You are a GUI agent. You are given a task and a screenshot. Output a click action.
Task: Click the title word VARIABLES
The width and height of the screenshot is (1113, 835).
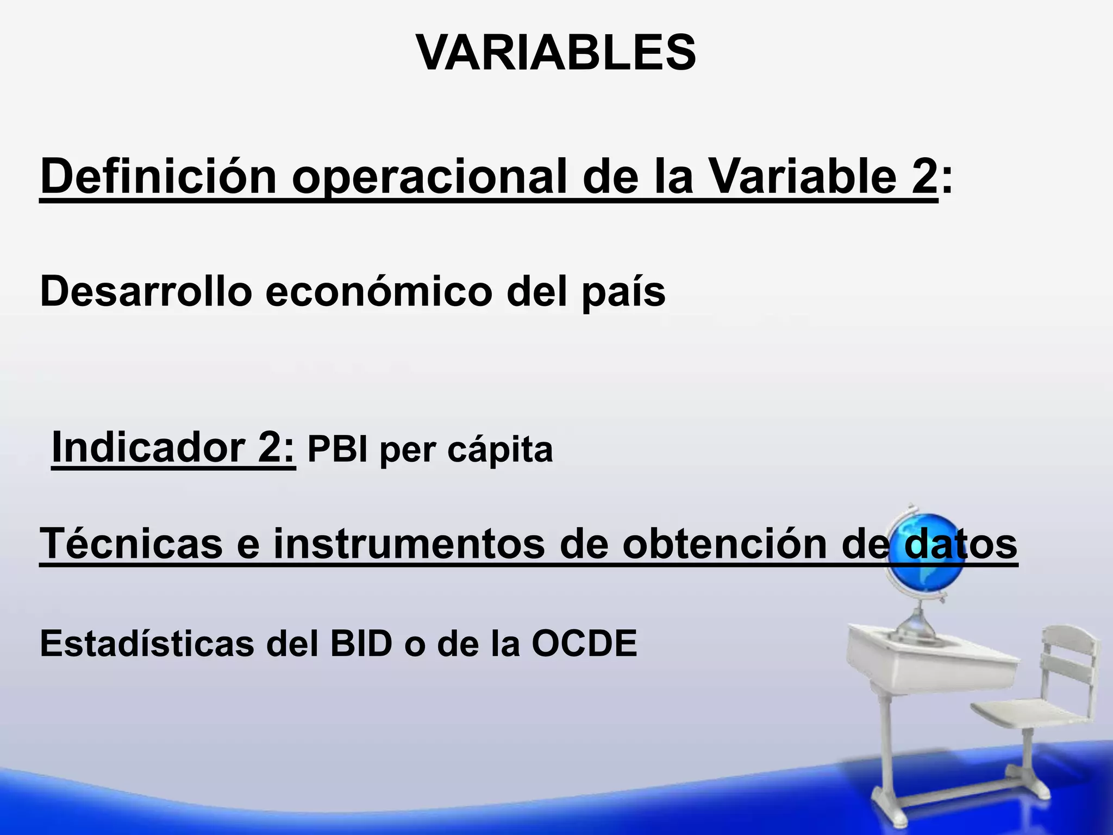[556, 53]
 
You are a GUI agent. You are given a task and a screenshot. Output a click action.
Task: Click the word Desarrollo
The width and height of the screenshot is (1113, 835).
[146, 291]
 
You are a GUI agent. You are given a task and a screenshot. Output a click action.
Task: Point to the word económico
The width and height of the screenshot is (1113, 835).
[379, 291]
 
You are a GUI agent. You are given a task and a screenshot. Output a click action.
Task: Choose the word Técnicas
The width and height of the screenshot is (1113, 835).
[131, 543]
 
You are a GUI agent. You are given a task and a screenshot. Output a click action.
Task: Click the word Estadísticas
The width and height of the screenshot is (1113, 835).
[147, 644]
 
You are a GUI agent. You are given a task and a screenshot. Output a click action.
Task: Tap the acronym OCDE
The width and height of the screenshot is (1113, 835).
[584, 644]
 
